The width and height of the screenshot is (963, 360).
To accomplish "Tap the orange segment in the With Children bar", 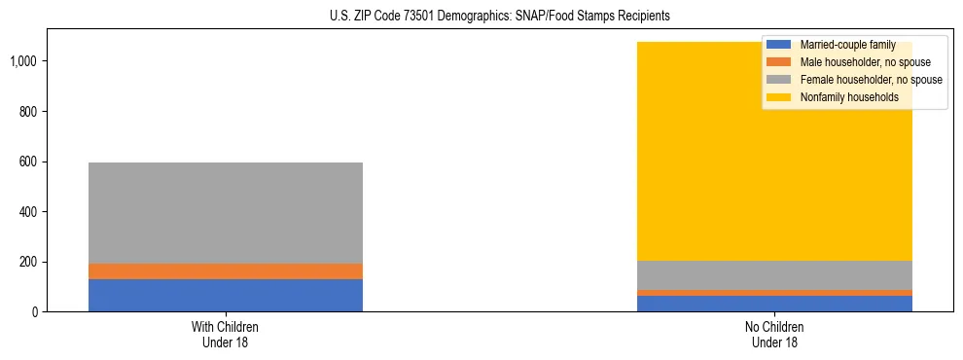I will pyautogui.click(x=226, y=271).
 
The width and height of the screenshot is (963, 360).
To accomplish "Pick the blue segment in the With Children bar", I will pyautogui.click(x=226, y=295).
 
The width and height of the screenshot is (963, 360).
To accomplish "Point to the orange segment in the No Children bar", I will pyautogui.click(x=775, y=293).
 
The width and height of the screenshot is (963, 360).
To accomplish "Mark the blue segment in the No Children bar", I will pyautogui.click(x=775, y=304).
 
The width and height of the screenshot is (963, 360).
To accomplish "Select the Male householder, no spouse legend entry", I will pyautogui.click(x=853, y=62).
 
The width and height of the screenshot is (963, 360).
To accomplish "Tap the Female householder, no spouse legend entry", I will pyautogui.click(x=855, y=80).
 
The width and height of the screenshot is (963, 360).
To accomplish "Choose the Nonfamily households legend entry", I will pyautogui.click(x=842, y=97).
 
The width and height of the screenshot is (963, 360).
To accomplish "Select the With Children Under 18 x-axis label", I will pyautogui.click(x=226, y=334).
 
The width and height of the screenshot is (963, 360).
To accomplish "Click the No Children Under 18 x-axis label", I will pyautogui.click(x=775, y=334).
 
